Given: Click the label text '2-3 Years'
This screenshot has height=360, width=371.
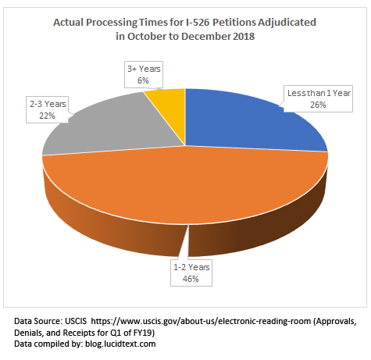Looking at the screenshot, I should point(48,104).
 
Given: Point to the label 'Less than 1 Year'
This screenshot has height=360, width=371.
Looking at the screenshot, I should point(315,94).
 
